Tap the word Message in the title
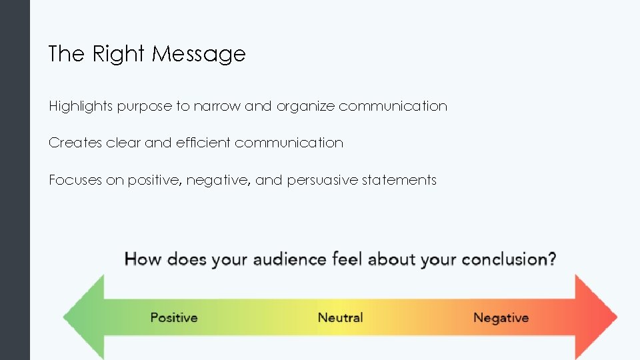[199, 54]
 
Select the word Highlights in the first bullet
[80, 106]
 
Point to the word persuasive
[322, 180]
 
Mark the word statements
[399, 180]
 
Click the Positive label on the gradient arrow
[173, 317]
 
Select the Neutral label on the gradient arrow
[340, 317]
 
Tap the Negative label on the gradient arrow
[501, 317]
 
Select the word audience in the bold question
[289, 259]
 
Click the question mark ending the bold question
[551, 259]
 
